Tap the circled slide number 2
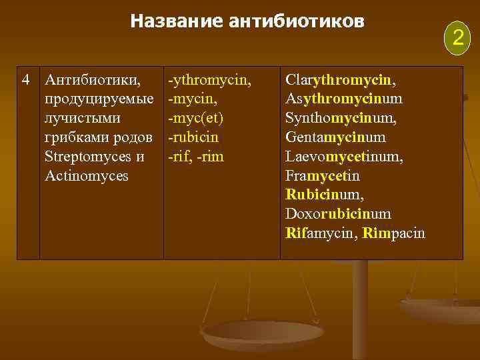[x=457, y=36]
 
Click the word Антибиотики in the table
[x=92, y=81]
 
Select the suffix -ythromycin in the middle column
[x=210, y=81]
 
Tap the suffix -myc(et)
[x=196, y=119]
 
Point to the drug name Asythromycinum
[x=343, y=99]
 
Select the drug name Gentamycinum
[x=335, y=138]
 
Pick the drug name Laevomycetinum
[x=344, y=157]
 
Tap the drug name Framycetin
[x=322, y=176]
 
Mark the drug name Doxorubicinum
[x=338, y=215]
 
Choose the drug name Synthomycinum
[x=341, y=119]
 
